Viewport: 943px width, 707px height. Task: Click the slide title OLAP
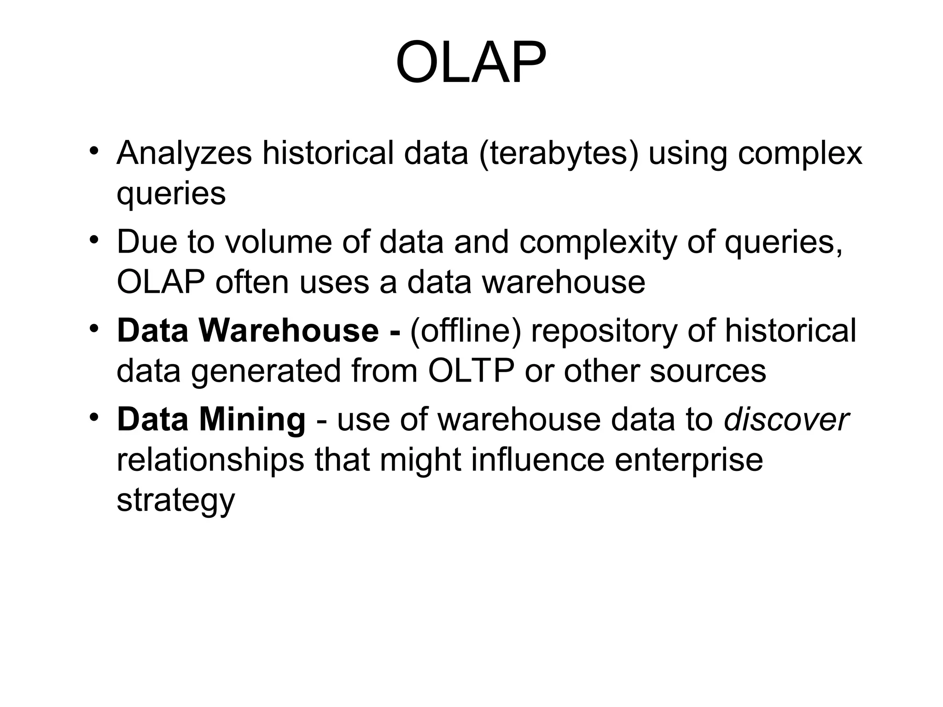pos(471,63)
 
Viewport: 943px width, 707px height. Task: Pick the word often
pos(252,282)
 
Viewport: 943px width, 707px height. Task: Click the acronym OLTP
pos(471,371)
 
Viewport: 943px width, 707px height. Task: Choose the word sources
pos(708,371)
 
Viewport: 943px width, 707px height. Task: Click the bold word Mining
pos(252,420)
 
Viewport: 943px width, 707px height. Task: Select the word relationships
pos(210,460)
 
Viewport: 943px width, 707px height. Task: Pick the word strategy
pos(175,500)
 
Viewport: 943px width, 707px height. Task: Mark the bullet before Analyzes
pos(94,151)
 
